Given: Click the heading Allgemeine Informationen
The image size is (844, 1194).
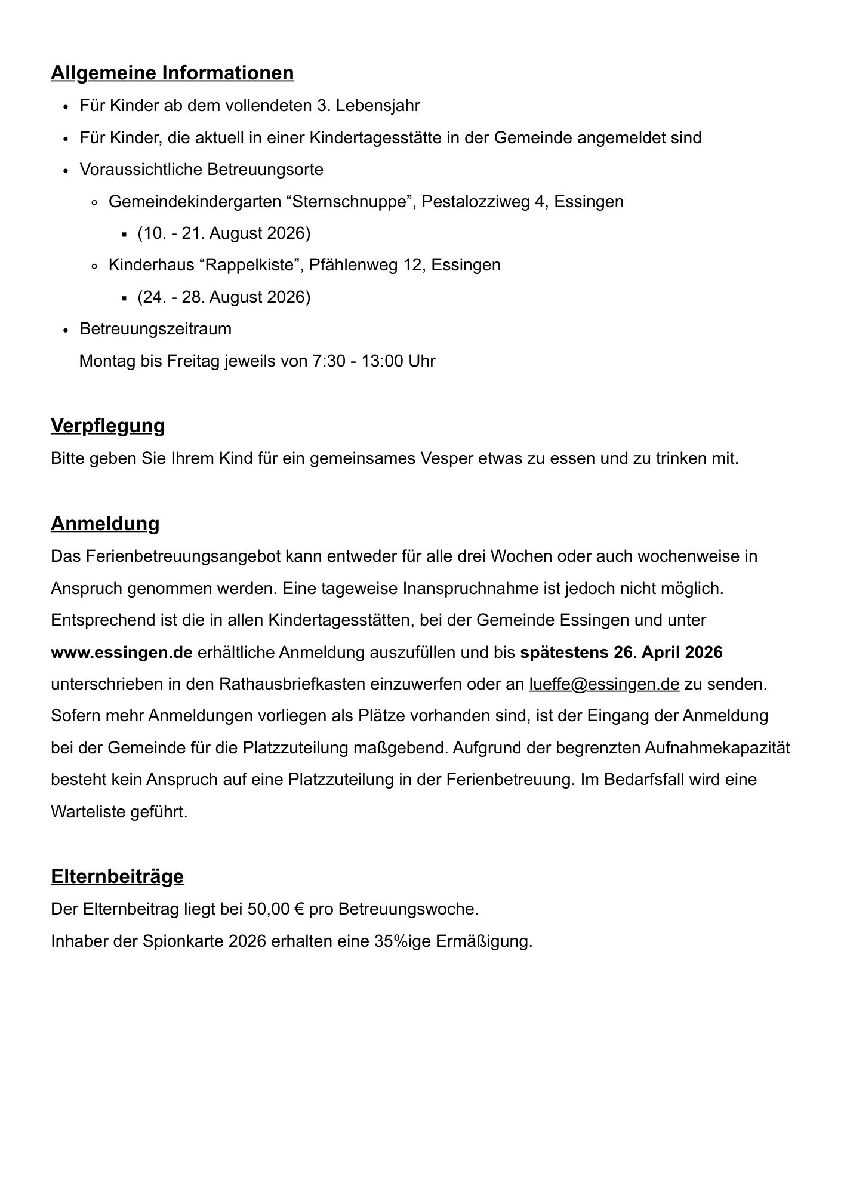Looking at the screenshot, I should tap(172, 73).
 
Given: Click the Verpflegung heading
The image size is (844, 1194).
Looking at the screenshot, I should tap(107, 426).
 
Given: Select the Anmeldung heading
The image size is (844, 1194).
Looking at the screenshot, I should tap(105, 524).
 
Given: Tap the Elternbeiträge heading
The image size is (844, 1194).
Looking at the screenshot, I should tap(117, 876).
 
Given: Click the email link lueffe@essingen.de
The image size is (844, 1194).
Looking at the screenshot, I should tap(604, 684).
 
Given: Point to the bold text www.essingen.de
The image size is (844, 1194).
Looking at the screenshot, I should tap(122, 652).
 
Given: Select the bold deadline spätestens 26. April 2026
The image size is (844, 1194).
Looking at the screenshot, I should tap(621, 652).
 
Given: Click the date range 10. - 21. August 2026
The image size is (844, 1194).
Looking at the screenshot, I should tap(224, 233).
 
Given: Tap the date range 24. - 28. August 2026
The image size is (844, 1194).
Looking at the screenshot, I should tap(224, 297).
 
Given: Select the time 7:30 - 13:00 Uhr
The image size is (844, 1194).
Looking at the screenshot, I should tap(374, 361).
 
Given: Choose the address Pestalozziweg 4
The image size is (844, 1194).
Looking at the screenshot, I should tap(483, 201).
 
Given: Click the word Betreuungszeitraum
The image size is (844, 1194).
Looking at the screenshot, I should tap(155, 329).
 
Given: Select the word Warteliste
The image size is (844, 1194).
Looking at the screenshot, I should tap(88, 812).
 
